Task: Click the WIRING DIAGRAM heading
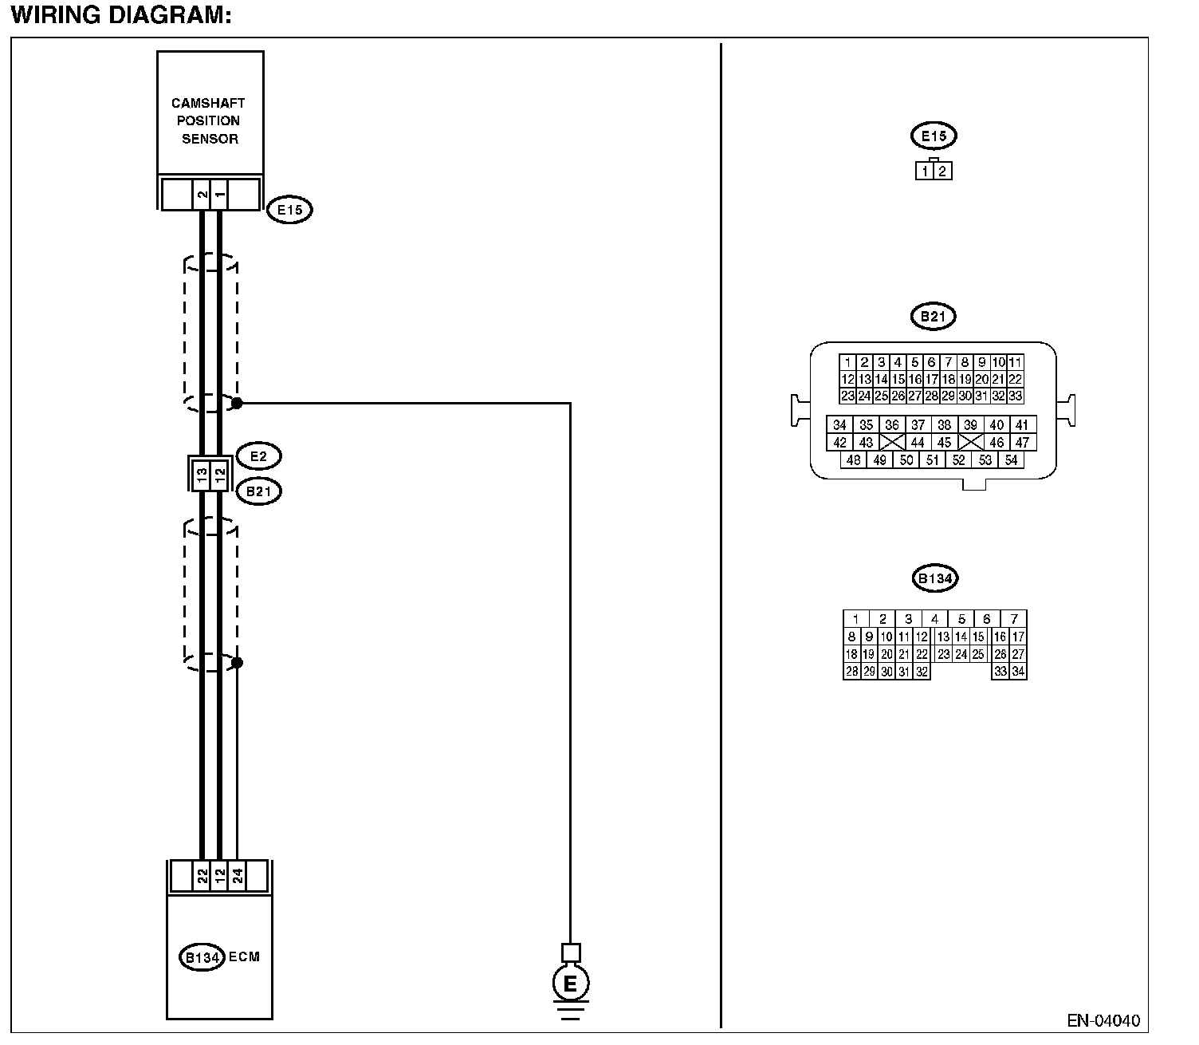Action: point(121,16)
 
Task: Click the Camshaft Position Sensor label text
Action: point(209,120)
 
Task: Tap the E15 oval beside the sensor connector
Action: point(289,209)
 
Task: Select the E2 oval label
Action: point(258,455)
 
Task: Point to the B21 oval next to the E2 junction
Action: point(258,491)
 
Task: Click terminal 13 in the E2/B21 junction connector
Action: point(202,474)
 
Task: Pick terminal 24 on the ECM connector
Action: point(237,876)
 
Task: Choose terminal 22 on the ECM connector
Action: point(202,876)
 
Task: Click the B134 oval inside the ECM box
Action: point(202,957)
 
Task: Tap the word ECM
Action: point(245,957)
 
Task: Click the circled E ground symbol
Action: point(571,984)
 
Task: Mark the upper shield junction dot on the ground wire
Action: point(237,403)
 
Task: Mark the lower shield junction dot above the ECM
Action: point(237,663)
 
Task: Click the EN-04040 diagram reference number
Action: point(1103,1021)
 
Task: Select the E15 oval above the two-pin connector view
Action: point(934,136)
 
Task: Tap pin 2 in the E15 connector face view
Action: point(942,172)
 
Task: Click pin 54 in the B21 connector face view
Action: point(1011,459)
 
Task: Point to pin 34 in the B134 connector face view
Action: point(1018,672)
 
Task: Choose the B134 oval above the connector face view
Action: point(934,578)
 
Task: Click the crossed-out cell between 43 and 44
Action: point(892,442)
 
